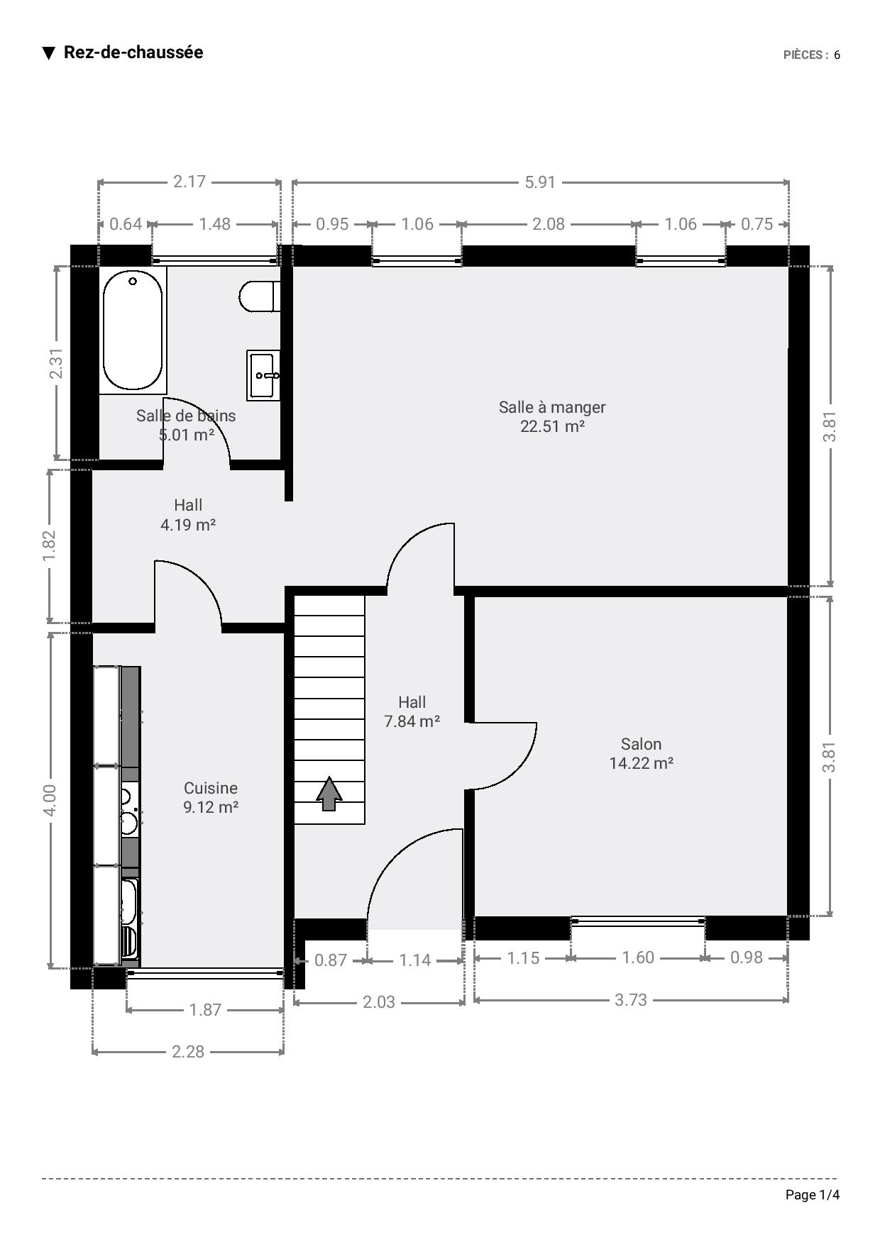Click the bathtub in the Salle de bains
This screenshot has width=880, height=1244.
point(133,331)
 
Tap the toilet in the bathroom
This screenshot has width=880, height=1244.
point(259,296)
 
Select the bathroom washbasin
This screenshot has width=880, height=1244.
point(263,375)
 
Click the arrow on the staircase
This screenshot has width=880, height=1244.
point(329,794)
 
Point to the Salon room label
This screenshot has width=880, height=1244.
point(641,744)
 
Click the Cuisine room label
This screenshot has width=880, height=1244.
point(211,788)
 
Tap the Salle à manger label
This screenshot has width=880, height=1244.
point(552,407)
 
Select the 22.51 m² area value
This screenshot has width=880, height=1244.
point(552,426)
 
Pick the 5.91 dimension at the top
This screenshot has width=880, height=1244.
point(540,182)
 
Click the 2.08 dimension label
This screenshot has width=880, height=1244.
point(549,224)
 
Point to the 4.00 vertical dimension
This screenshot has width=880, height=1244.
point(50,800)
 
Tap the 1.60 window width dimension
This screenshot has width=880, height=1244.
point(638,957)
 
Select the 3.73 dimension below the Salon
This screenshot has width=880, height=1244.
point(631,999)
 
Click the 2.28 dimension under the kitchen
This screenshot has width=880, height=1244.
point(188,1051)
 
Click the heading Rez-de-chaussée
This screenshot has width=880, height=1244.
point(133,52)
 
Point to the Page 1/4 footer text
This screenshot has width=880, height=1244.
point(813,1195)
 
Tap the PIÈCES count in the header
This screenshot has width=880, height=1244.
point(812,55)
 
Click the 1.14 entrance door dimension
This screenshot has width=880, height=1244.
point(415,960)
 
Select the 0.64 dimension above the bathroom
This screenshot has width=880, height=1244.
point(126,224)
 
